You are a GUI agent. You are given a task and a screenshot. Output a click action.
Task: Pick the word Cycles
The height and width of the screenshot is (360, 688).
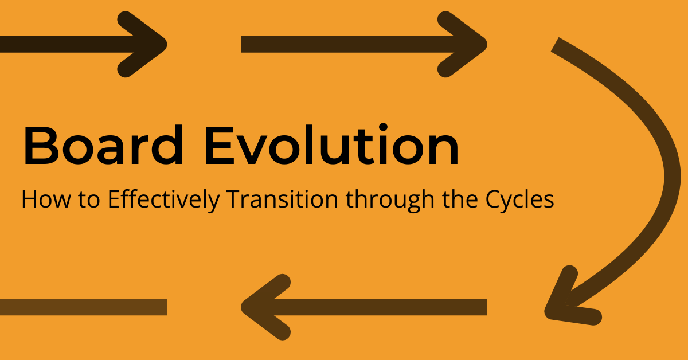[519, 201]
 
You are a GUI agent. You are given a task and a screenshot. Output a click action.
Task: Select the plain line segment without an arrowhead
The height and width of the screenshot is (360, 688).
[83, 307]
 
